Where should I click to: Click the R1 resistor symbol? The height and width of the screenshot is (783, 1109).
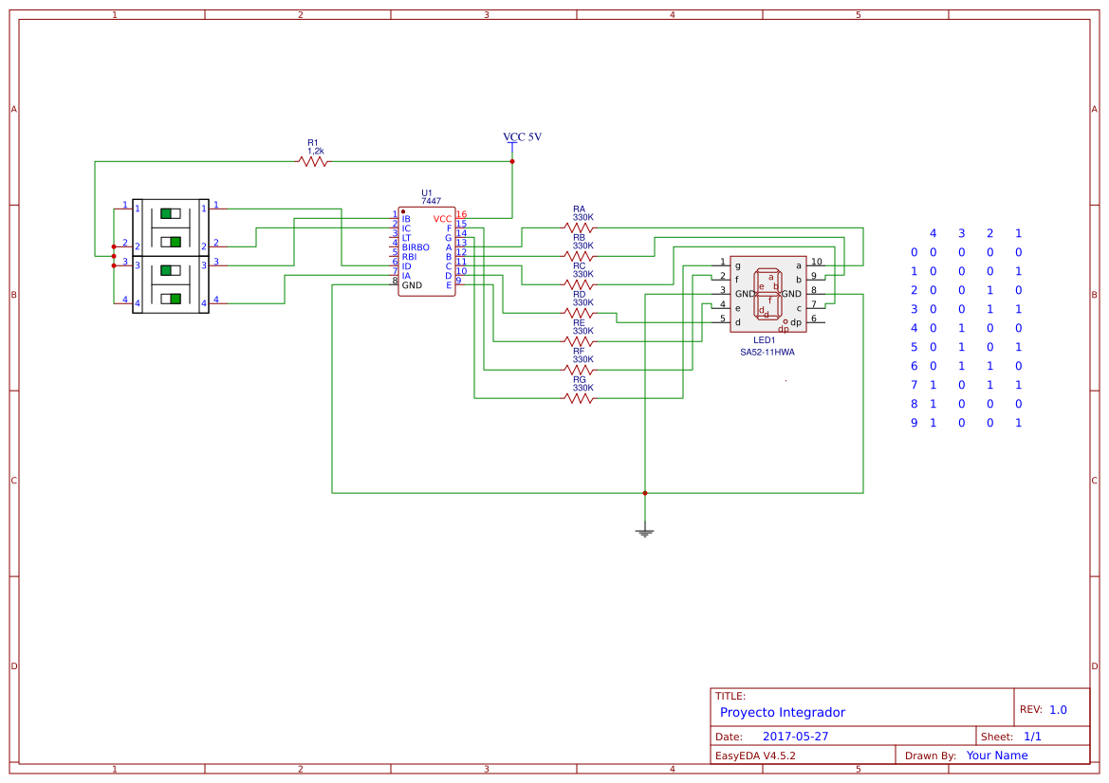[313, 162]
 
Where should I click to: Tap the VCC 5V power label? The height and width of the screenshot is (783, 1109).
[522, 137]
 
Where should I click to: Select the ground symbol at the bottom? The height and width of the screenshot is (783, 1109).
[645, 533]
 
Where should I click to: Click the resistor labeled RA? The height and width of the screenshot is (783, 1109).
[579, 228]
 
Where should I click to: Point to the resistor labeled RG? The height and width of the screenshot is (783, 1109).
[579, 398]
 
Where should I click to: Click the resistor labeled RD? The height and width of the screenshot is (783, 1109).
[579, 313]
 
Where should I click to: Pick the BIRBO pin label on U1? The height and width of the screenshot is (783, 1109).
[416, 247]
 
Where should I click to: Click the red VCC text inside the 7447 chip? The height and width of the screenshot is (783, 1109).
[442, 219]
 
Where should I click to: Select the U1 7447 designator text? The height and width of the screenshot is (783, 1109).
[431, 197]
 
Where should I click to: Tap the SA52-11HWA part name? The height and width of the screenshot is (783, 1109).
[767, 352]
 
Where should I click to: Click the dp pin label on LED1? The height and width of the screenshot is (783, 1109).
[795, 323]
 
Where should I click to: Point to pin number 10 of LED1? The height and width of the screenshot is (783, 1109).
[816, 262]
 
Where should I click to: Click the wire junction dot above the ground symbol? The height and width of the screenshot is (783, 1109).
[645, 493]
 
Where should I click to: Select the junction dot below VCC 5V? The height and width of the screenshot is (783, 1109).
[512, 161]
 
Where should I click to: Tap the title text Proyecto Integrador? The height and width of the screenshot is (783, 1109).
[782, 712]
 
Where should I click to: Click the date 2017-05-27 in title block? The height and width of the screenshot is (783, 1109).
[795, 737]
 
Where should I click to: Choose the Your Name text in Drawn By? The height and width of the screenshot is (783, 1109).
[996, 756]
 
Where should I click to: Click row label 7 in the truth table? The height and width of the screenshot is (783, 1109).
[915, 385]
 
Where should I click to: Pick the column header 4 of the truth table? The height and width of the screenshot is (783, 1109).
[933, 233]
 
